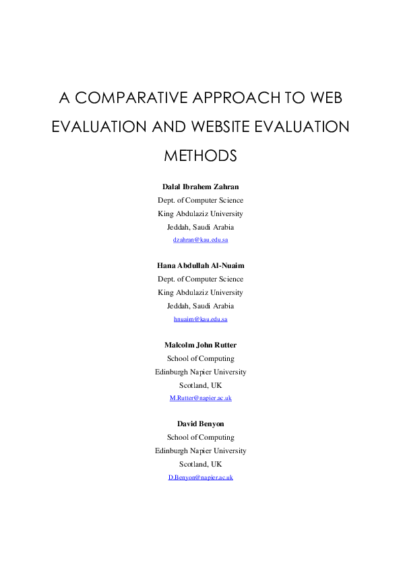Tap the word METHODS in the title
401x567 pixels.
click(x=201, y=156)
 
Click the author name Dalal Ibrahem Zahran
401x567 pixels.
click(x=201, y=187)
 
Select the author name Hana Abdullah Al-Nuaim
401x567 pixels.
click(x=201, y=266)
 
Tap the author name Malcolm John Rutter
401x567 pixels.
click(x=201, y=345)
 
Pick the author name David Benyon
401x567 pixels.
click(x=201, y=424)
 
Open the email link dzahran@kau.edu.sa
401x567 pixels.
click(x=201, y=240)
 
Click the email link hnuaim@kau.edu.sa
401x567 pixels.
click(x=201, y=319)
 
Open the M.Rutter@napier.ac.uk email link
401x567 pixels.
click(x=201, y=398)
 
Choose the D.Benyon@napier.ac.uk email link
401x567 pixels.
click(x=201, y=477)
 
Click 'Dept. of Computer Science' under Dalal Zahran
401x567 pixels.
click(x=201, y=200)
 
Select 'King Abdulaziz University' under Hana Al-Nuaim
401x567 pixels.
click(x=201, y=292)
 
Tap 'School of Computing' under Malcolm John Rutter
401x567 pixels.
click(x=201, y=358)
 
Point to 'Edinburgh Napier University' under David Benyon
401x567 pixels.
click(x=201, y=451)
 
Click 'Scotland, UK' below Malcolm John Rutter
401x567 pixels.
click(x=201, y=385)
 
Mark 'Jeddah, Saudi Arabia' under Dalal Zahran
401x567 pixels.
click(x=201, y=227)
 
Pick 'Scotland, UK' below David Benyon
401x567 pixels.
click(x=201, y=464)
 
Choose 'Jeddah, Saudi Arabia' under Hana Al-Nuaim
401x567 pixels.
click(x=201, y=306)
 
